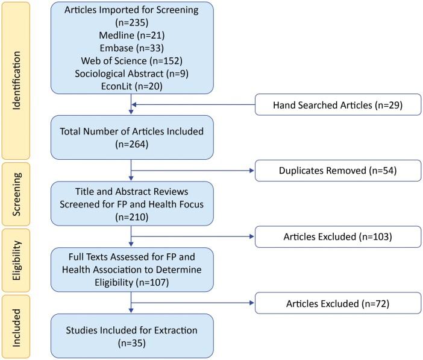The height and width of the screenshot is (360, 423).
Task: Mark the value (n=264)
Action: (x=131, y=145)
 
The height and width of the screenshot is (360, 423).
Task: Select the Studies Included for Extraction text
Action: (x=131, y=330)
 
